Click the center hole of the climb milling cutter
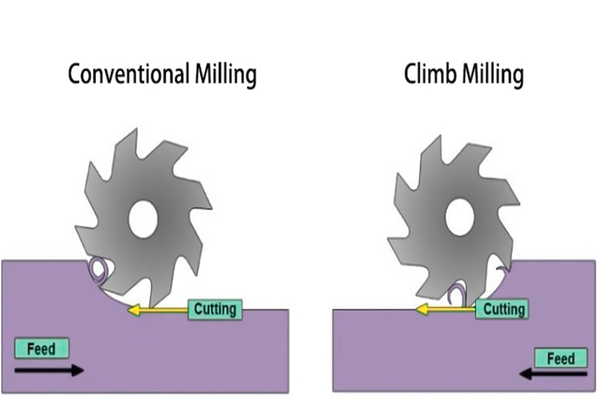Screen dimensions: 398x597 458,218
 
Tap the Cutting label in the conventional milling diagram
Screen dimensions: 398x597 215,309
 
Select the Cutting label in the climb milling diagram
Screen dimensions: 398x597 503,309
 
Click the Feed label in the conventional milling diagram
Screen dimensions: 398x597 40,348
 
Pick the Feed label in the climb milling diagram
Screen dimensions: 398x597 560,359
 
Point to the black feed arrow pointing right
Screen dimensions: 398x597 50,370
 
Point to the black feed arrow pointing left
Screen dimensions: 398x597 553,374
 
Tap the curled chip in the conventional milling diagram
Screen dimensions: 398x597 99,269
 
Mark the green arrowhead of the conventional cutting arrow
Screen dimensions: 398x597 133,310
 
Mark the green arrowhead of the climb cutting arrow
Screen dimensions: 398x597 421,309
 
